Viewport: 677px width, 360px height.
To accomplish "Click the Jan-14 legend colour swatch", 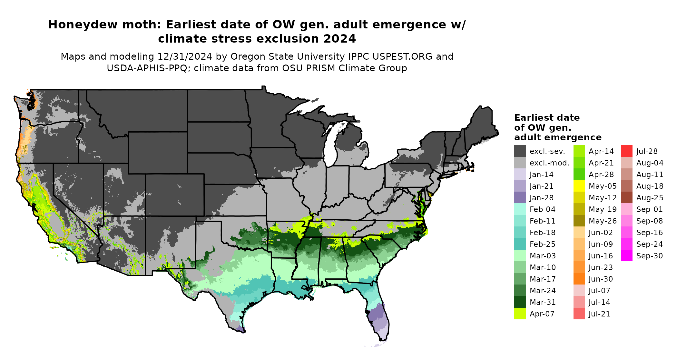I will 520,175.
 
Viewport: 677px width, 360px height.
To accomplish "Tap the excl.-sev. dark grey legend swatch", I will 520,151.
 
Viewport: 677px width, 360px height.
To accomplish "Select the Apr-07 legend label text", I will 542,314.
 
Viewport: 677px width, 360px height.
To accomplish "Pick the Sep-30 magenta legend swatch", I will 626,256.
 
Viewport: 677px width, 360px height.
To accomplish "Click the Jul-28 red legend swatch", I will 626,151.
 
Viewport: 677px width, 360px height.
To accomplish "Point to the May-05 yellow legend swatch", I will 579,186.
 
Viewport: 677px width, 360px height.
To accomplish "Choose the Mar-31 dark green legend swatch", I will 520,302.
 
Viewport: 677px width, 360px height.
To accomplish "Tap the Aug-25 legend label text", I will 650,198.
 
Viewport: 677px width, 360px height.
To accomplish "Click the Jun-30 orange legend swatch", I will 579,279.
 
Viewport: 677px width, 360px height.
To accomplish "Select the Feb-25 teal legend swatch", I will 520,244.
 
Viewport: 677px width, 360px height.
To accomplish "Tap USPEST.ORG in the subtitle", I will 402,56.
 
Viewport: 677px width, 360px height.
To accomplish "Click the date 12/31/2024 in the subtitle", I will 185,56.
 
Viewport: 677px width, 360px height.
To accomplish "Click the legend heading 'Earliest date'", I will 547,118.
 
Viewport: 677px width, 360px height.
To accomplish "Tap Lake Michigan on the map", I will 331,145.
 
